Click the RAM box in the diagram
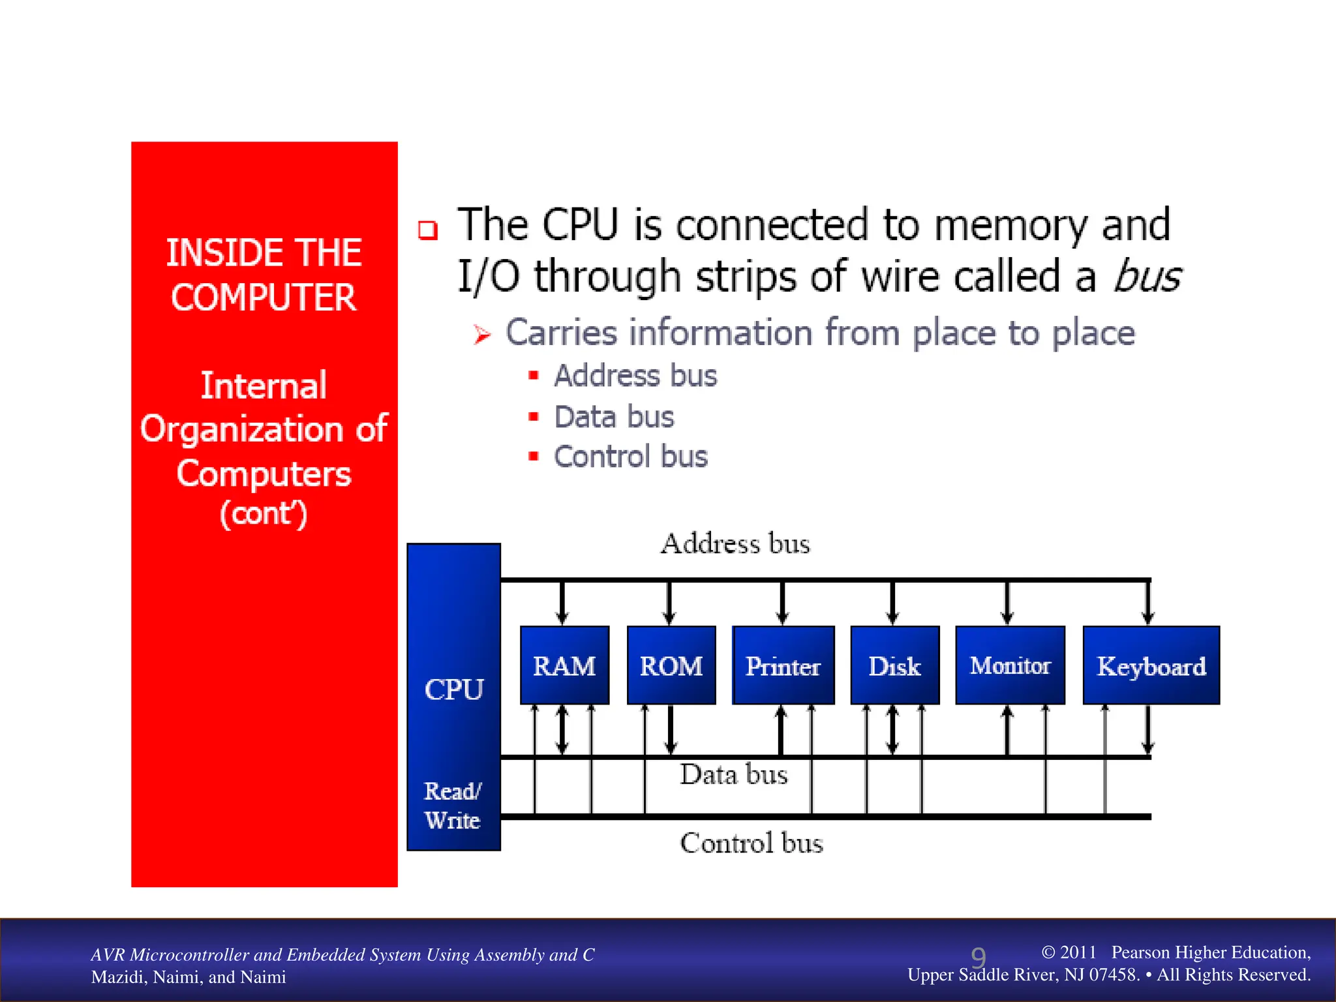[x=564, y=665]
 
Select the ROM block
[x=671, y=665]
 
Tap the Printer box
[x=783, y=665]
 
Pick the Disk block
[x=895, y=665]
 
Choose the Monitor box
[x=1010, y=665]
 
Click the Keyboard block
[x=1151, y=665]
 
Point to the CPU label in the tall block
[x=454, y=690]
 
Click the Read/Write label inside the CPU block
[x=453, y=806]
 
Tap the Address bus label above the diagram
[x=735, y=544]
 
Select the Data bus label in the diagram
[x=734, y=775]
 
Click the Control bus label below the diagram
[x=751, y=843]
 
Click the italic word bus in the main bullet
[x=1147, y=277]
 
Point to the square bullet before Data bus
[x=534, y=416]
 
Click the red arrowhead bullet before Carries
[x=481, y=335]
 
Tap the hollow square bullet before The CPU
[x=428, y=230]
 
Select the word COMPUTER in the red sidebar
[x=264, y=297]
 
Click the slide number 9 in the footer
[x=978, y=958]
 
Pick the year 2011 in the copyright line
[x=1078, y=952]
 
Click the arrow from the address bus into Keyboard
[x=1148, y=603]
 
